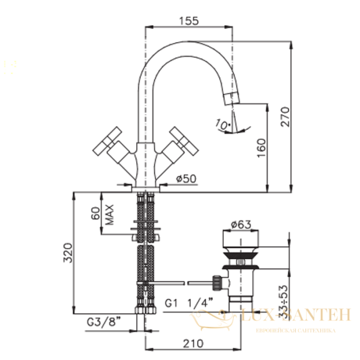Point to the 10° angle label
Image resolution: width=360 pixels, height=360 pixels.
223,125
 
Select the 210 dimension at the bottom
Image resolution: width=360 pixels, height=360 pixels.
190,344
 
